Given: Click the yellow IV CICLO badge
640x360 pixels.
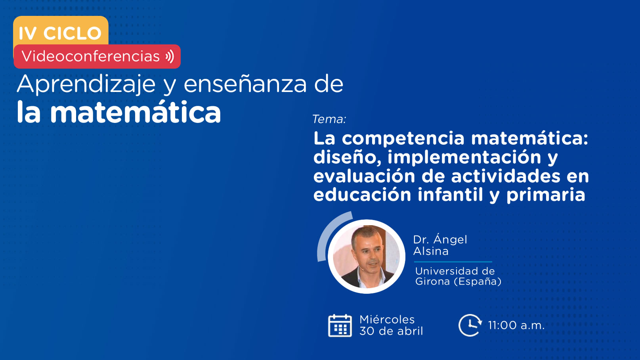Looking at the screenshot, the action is (x=61, y=31).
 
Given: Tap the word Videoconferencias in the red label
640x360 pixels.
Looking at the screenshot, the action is (x=91, y=56).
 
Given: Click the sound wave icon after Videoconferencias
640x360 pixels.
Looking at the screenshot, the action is (x=170, y=56).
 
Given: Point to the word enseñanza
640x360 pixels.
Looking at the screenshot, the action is (x=245, y=84).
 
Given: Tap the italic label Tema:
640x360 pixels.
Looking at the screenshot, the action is (x=329, y=119).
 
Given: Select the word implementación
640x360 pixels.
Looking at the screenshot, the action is (x=464, y=157).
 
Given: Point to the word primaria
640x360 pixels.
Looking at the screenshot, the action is (x=546, y=195).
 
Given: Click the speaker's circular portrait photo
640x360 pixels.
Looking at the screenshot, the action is (x=367, y=257).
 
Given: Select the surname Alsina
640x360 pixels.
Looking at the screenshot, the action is (x=431, y=251).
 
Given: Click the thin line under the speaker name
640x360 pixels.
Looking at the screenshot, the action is (x=453, y=262).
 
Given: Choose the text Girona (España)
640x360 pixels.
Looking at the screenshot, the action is (x=458, y=281).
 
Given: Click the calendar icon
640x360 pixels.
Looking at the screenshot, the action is (x=340, y=326).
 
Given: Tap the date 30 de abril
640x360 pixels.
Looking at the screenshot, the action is (x=391, y=331).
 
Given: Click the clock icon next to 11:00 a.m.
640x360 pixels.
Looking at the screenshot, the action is (x=470, y=325).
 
